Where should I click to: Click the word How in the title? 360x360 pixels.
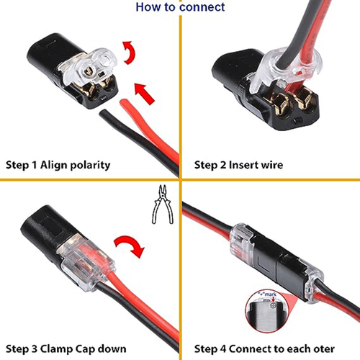(148, 7)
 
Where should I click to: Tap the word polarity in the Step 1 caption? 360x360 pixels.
(89, 165)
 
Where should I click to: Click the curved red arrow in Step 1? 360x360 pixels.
(130, 54)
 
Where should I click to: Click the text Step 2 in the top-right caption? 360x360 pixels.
(210, 165)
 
